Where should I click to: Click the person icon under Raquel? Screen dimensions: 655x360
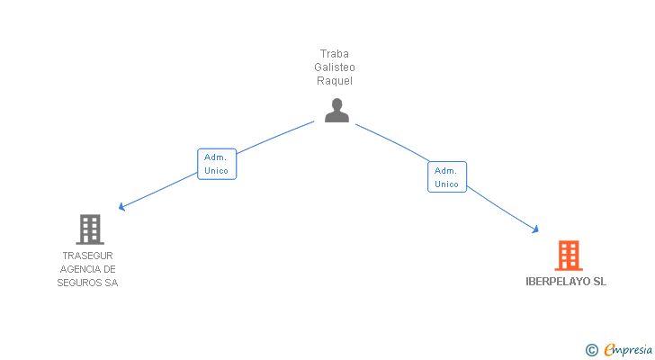336,111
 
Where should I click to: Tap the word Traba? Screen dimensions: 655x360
334,54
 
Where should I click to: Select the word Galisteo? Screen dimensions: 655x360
335,67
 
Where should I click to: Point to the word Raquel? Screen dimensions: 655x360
335,81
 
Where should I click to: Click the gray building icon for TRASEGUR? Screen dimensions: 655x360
90,229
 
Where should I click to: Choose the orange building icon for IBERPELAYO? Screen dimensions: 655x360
569,256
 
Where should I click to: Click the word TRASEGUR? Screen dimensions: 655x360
88,256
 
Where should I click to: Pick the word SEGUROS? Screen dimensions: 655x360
79,283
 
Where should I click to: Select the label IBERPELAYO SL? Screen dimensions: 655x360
566,282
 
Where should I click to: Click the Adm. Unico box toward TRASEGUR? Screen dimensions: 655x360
217,164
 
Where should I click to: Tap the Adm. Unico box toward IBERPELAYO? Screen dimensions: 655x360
447,177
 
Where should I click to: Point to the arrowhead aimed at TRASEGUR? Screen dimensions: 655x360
121,207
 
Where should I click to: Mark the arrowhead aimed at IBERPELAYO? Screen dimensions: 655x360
535,229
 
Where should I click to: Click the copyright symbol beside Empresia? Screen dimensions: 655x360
591,350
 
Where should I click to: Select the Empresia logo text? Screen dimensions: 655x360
628,350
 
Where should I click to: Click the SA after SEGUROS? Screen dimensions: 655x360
112,283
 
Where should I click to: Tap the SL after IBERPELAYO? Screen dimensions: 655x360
600,282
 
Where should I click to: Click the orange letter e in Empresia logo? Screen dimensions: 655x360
610,349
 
